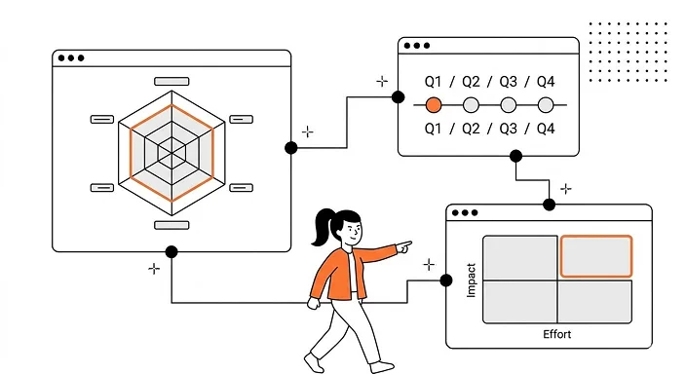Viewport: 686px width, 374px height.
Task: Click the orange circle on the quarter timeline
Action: click(435, 104)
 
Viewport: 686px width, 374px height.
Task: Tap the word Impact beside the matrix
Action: click(472, 279)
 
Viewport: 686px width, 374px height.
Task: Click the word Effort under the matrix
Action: click(556, 335)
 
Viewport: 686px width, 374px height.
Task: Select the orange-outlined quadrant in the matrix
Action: click(595, 255)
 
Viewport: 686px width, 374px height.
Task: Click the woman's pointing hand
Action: click(403, 247)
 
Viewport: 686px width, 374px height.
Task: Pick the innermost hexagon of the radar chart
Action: click(173, 151)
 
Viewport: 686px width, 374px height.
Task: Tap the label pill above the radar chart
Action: click(172, 81)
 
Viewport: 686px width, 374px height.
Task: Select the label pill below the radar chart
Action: click(172, 225)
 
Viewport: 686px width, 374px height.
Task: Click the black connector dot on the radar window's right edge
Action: click(290, 148)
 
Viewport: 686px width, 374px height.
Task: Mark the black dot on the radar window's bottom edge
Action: click(171, 252)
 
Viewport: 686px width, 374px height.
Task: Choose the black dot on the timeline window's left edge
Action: click(398, 96)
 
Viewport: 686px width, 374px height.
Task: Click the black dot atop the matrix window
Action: click(550, 204)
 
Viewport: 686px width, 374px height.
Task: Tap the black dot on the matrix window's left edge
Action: click(446, 280)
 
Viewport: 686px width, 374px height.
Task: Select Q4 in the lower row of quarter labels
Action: click(545, 129)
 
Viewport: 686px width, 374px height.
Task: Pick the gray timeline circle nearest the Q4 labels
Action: click(546, 104)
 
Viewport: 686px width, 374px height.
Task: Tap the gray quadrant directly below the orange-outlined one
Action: click(595, 301)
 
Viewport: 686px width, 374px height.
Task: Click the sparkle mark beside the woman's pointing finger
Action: click(429, 263)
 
